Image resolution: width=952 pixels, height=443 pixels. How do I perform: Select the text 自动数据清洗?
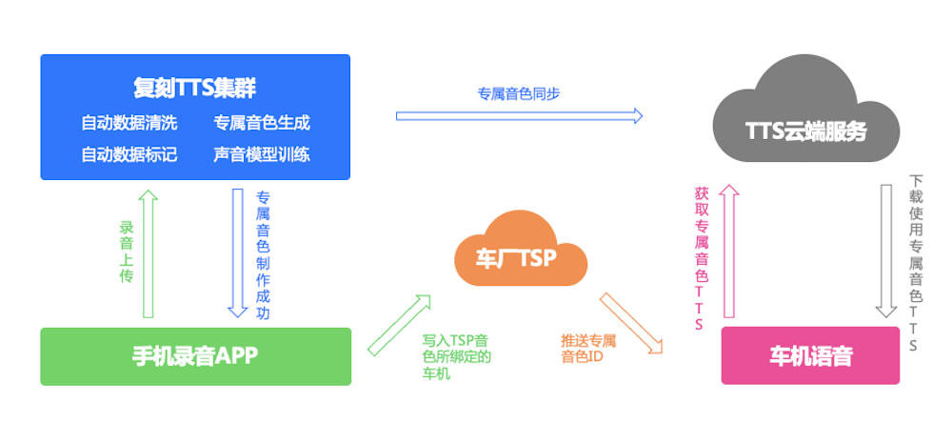[129, 123]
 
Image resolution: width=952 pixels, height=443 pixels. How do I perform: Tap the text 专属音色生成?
[262, 123]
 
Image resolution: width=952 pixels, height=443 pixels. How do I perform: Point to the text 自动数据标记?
[129, 153]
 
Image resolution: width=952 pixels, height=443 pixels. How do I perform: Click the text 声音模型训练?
[262, 153]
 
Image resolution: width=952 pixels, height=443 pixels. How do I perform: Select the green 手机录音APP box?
[195, 356]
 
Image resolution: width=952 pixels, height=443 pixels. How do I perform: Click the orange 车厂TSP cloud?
[518, 255]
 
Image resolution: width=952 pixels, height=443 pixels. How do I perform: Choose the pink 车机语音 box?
[810, 356]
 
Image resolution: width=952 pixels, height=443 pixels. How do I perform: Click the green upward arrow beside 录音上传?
[148, 252]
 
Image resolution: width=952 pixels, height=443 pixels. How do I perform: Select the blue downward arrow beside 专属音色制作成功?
[238, 252]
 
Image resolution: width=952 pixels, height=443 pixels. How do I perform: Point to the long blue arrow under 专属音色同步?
[519, 116]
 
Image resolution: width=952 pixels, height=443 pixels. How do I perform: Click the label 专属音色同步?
[519, 93]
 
